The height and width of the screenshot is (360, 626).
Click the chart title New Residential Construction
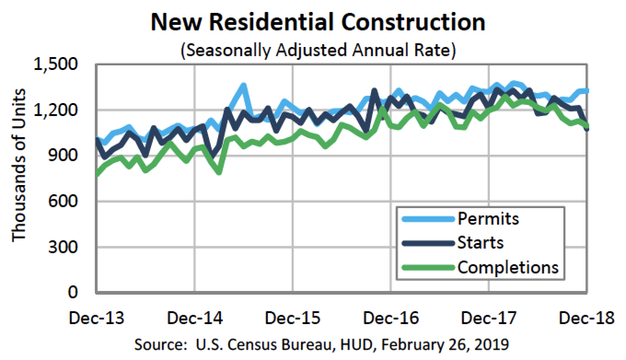click(318, 22)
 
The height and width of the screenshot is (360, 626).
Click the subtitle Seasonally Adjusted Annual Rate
click(318, 50)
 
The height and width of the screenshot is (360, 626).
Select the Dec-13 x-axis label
click(96, 318)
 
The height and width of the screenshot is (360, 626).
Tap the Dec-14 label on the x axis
click(195, 318)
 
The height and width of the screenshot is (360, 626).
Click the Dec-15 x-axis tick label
click(293, 318)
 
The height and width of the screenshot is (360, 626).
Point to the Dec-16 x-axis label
click(391, 318)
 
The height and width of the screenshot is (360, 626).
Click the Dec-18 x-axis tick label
click(585, 318)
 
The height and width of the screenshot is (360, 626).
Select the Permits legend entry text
click(488, 218)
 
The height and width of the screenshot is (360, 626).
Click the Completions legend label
click(508, 267)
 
